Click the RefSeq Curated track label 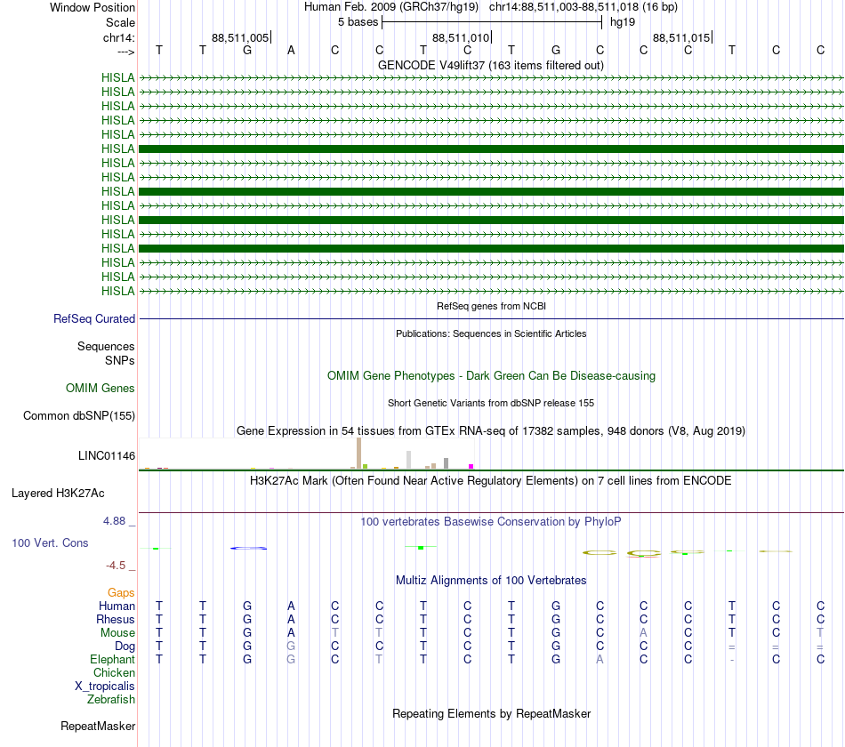click(x=94, y=318)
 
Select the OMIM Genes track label click(x=101, y=388)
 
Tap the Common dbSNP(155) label click(x=79, y=415)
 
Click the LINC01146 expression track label click(x=107, y=455)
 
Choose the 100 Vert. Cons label click(x=51, y=542)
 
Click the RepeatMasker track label click(x=98, y=726)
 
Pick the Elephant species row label click(x=112, y=659)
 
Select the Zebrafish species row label click(x=111, y=699)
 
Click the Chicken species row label click(x=114, y=672)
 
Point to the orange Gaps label click(x=121, y=592)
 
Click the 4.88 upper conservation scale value click(x=117, y=520)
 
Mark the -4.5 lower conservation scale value click(x=117, y=565)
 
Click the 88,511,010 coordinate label click(x=461, y=37)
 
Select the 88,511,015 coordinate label click(x=681, y=37)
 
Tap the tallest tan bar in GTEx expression click(x=358, y=452)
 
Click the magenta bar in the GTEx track click(x=471, y=466)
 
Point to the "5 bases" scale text click(x=357, y=21)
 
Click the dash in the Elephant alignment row click(x=731, y=660)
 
